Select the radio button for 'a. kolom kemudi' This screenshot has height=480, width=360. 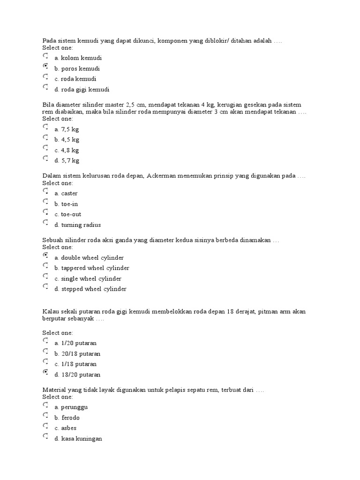[45, 56]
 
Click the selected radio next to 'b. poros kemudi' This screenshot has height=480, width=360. [45, 66]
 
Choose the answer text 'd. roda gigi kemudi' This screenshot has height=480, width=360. [82, 90]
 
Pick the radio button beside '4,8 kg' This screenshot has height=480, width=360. [45, 148]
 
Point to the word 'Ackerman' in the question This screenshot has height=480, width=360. [161, 176]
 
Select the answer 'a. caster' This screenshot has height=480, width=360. [66, 193]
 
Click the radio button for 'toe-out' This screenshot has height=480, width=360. [45, 212]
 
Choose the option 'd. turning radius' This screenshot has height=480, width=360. [77, 225]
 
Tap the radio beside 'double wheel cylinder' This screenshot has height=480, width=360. [45, 255]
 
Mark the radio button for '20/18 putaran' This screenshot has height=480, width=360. [45, 351]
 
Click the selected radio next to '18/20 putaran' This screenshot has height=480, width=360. [45, 372]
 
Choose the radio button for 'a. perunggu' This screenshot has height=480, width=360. [45, 405]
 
